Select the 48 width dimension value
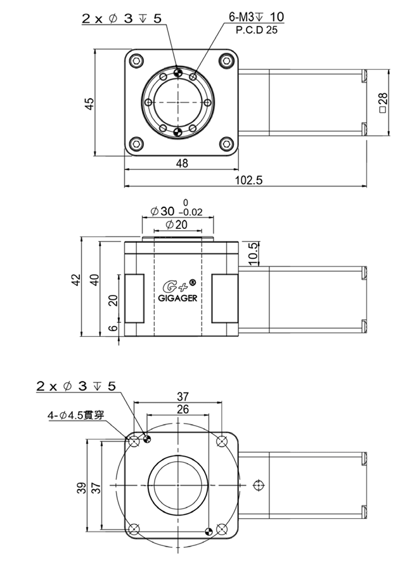pos(182,164)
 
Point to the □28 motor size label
pos(383,103)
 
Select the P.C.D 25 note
pos(257,30)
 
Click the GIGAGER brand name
pos(178,299)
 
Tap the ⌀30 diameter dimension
pos(162,211)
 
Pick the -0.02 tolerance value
pos(190,212)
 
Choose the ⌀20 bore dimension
pos(177,225)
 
